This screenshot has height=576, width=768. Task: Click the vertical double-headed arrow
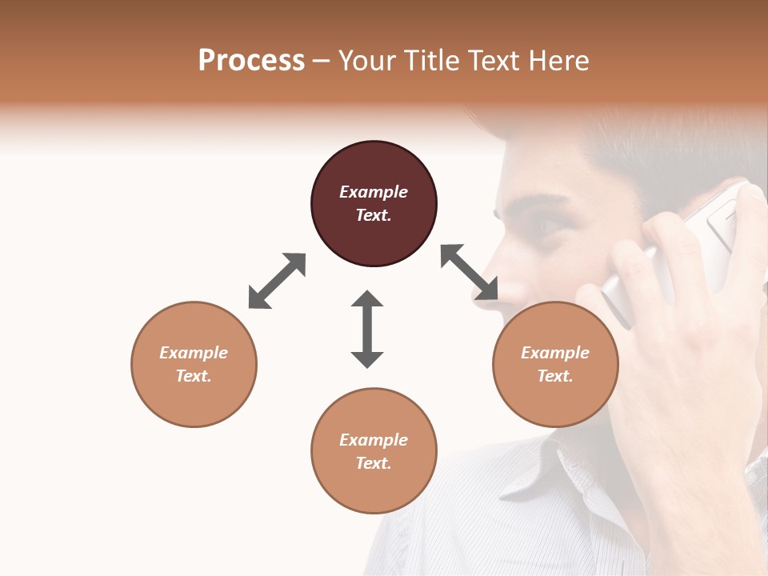click(x=367, y=329)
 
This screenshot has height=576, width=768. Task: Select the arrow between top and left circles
click(x=277, y=281)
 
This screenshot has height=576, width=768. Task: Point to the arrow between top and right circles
click(x=470, y=272)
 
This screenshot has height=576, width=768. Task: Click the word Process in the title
click(x=251, y=60)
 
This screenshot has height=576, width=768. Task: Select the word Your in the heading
click(x=368, y=60)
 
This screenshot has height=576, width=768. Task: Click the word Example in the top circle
click(x=374, y=192)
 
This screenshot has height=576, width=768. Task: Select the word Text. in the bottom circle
click(x=374, y=463)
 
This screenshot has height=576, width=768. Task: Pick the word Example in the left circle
click(x=194, y=353)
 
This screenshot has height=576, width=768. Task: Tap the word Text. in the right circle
click(x=555, y=376)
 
